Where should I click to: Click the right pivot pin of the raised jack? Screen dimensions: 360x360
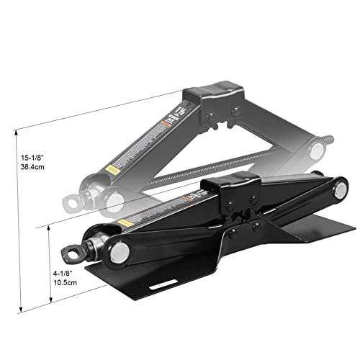click(x=315, y=151)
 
